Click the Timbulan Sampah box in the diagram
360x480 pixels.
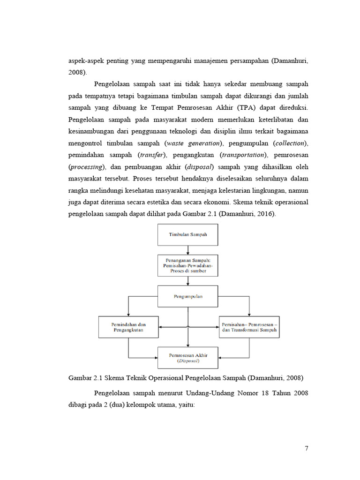pos(187,234)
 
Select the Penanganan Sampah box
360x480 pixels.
pos(187,265)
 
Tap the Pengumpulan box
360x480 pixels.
pos(187,296)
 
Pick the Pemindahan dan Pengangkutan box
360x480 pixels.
pos(128,327)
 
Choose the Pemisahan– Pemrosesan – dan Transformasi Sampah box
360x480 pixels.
pos(249,327)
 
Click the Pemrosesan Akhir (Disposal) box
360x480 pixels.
pos(187,358)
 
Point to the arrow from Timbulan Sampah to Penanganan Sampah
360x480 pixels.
pos(187,250)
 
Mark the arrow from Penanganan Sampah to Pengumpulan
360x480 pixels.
pos(187,281)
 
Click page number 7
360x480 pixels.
pos(307,449)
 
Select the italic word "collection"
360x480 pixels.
pos(290,142)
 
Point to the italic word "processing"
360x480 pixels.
pos(88,167)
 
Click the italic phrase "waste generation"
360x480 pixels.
pos(191,142)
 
